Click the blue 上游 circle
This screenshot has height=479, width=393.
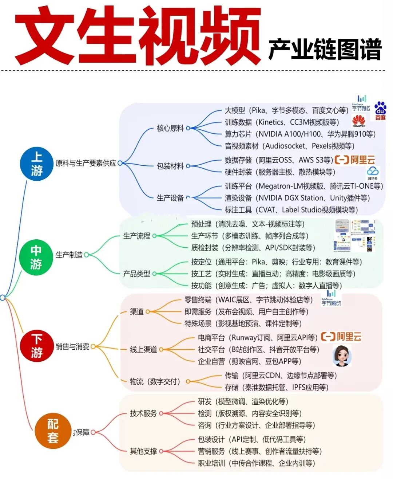[x=36, y=164]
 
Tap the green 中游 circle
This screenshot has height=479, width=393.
[x=36, y=257]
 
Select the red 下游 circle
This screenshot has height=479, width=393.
[x=36, y=346]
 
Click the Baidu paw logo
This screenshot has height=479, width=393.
[x=380, y=111]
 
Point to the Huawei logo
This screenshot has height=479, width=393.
[x=358, y=121]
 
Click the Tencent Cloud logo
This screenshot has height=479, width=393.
[x=373, y=173]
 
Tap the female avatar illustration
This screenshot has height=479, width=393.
[x=342, y=355]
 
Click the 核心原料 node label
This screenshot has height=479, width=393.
[x=170, y=128]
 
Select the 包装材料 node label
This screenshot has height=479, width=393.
[x=170, y=166]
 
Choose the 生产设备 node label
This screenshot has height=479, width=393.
[x=170, y=198]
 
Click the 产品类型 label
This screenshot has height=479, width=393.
[x=136, y=274]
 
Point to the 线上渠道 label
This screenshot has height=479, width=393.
[x=143, y=349]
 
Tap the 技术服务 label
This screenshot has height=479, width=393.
[x=143, y=413]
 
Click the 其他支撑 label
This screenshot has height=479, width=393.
[x=143, y=451]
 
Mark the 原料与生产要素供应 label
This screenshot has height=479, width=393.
[x=86, y=163]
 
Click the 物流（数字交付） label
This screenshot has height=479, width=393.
[x=155, y=381]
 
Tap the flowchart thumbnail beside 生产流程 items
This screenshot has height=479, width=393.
[x=354, y=236]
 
